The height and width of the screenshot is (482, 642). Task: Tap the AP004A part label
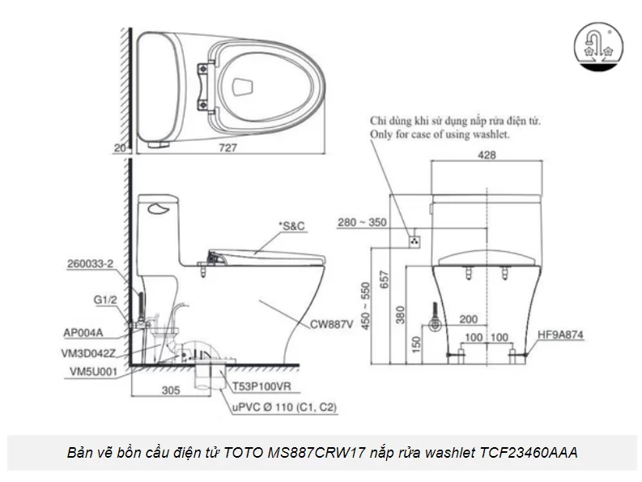coord(83,332)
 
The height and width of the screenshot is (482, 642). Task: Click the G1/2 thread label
coord(104,300)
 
